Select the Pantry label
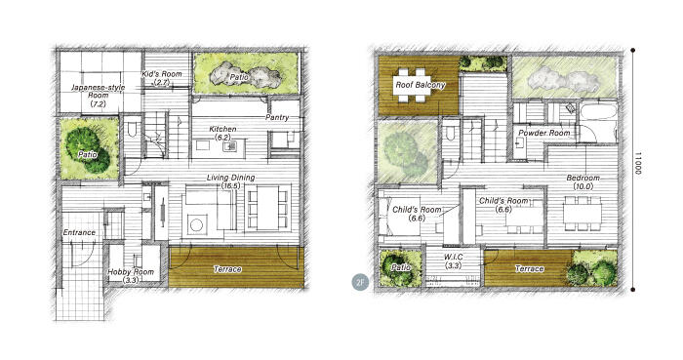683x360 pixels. [x=277, y=117]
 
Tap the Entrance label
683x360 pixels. [x=79, y=232]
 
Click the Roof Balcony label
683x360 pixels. [x=420, y=85]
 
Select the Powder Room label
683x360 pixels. [x=544, y=133]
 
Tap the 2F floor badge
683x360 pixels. [x=360, y=282]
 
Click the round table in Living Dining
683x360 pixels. [x=196, y=225]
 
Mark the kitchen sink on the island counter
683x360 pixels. [x=229, y=146]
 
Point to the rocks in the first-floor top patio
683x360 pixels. [x=245, y=75]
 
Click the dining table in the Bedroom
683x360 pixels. [x=583, y=214]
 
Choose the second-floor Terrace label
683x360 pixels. [x=529, y=268]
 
